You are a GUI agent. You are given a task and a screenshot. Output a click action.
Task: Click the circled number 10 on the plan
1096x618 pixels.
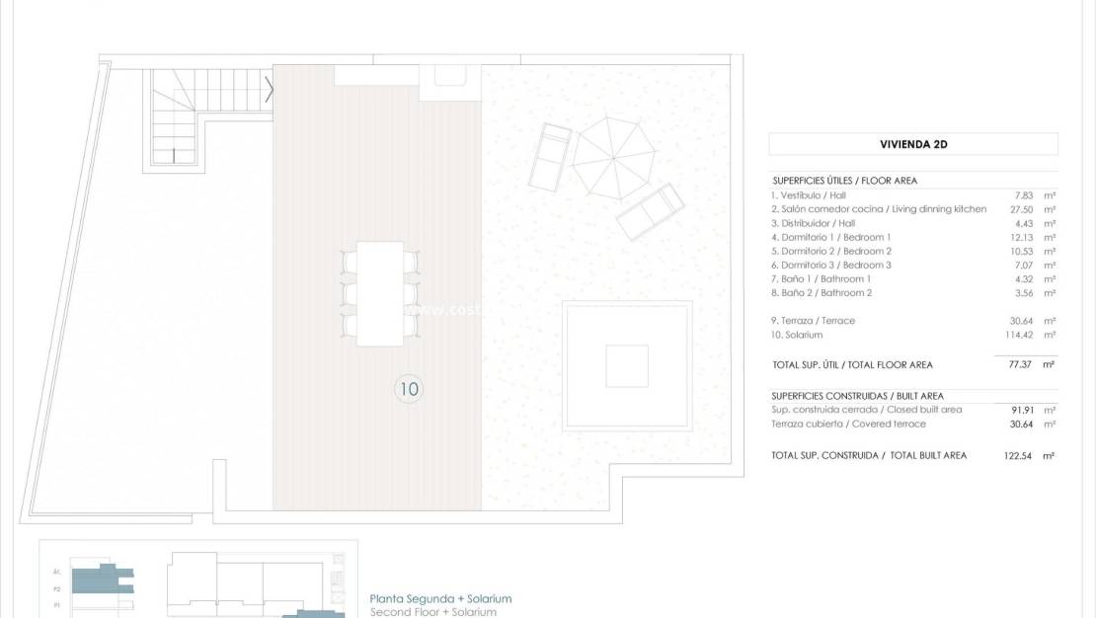point(408,389)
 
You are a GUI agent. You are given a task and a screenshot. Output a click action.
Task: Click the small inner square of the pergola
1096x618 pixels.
point(626,365)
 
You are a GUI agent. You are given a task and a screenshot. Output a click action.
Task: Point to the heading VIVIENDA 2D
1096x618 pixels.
point(913,144)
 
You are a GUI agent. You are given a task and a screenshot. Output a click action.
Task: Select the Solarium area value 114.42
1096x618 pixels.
point(1010,335)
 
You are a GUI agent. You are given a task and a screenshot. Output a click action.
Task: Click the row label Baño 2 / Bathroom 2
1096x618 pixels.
point(822,292)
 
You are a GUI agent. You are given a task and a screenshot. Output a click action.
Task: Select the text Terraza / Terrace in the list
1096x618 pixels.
point(814,321)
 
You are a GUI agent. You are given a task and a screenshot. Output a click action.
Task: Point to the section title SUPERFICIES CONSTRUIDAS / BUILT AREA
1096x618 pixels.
point(857,396)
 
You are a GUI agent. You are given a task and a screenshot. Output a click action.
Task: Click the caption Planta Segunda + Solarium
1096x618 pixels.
point(440,598)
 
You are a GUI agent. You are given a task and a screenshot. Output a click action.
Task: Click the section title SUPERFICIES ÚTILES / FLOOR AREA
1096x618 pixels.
point(844,181)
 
